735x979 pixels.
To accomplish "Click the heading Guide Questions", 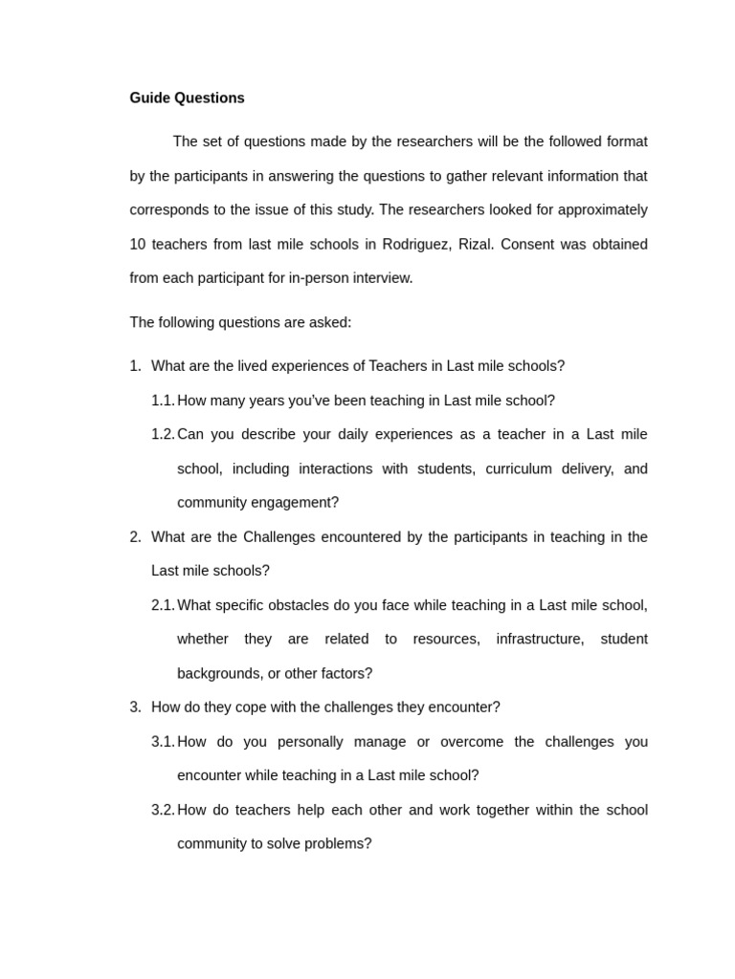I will point(187,98).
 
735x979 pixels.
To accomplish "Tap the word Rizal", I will point(475,244).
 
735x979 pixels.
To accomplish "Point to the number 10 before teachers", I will point(138,244).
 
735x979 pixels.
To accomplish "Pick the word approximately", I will point(603,209).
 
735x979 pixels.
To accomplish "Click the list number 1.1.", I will point(163,401).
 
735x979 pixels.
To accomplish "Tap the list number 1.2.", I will point(163,434).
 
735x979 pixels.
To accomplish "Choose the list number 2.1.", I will point(163,605).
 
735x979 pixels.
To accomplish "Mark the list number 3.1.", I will point(163,742).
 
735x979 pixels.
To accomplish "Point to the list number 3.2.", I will point(163,810).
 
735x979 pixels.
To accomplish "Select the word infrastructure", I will point(540,639).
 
